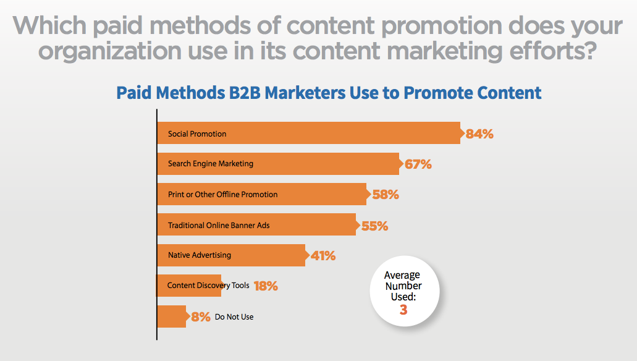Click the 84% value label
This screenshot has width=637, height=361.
pos(479,134)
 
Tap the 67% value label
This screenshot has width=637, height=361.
pos(418,164)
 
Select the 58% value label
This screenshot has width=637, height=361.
pos(386,195)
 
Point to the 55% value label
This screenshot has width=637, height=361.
pos(374,226)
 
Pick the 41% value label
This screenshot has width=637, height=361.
pos(323,256)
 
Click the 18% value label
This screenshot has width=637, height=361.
pos(266,286)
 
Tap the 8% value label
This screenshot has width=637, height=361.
pos(201,316)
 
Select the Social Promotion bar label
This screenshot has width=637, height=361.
pos(197,134)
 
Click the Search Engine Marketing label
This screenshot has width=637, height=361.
pos(211,163)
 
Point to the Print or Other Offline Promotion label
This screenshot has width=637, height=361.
pos(222,194)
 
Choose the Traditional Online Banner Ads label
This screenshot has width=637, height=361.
pos(219,225)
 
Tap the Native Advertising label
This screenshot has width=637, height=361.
pos(200,255)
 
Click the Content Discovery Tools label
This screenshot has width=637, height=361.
pos(208,286)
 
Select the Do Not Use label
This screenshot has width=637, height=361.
pos(234,316)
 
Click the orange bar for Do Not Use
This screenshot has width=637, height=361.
pos(171,316)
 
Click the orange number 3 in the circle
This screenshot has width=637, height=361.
pos(403,310)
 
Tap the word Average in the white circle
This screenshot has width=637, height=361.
pos(402,275)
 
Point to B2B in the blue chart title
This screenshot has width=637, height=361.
pos(245,93)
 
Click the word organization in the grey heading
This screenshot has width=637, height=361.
pos(110,52)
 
